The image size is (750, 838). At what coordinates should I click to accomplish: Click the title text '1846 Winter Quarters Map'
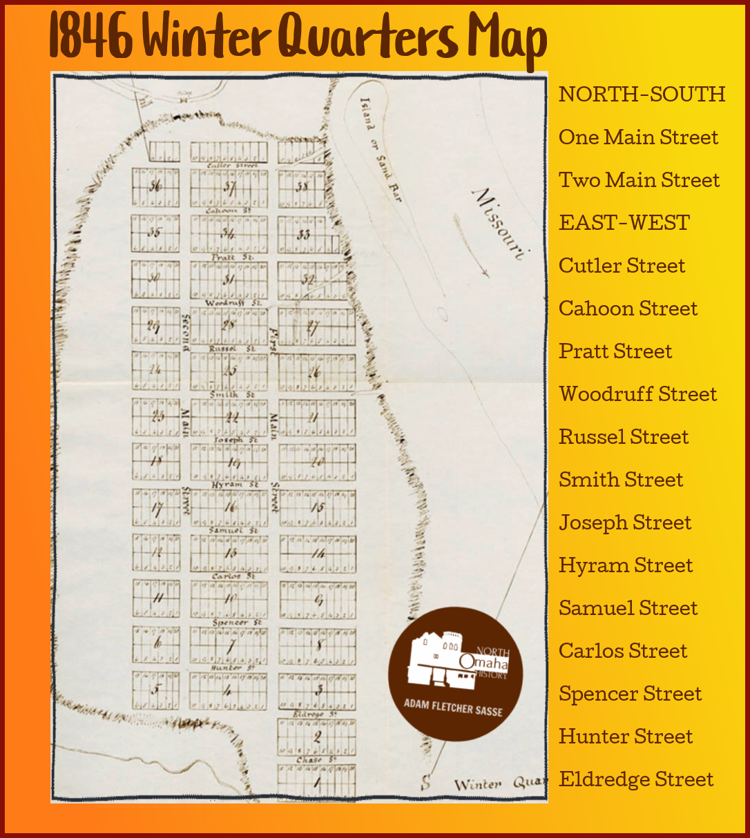[298, 38]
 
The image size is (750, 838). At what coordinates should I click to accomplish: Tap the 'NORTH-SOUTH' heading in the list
[642, 95]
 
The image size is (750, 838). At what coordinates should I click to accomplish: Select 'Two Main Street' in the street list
[639, 180]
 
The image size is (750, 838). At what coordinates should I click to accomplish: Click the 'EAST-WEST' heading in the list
[624, 223]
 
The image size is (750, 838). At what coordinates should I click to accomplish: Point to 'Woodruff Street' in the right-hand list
[637, 394]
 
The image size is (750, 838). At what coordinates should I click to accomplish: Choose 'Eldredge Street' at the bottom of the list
[636, 779]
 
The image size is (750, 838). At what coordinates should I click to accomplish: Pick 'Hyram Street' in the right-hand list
[626, 565]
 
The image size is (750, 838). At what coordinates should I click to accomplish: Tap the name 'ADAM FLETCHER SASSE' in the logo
[453, 708]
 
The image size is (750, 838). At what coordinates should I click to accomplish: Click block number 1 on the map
[317, 783]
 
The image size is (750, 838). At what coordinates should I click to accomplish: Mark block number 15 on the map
[317, 507]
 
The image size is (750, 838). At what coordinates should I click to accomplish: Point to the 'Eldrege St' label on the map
[314, 713]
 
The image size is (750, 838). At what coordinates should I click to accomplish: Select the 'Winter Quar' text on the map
[497, 784]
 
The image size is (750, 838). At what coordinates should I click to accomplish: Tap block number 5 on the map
[155, 690]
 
